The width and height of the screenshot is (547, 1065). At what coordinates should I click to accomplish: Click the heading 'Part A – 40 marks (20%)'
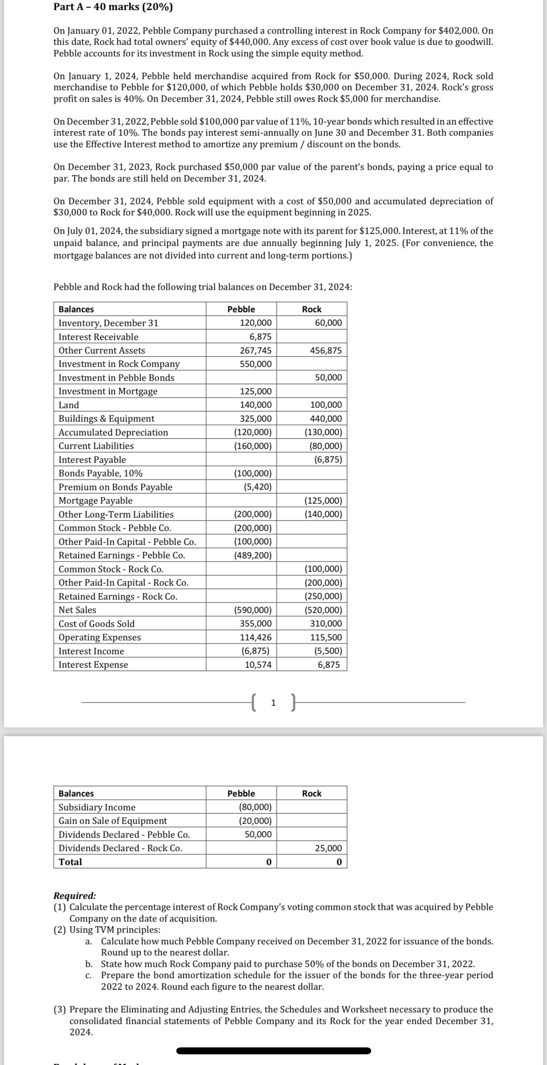coord(113,7)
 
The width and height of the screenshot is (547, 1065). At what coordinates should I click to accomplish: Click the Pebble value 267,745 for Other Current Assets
coord(256,350)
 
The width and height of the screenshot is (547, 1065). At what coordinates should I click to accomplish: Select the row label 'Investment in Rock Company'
coord(119,364)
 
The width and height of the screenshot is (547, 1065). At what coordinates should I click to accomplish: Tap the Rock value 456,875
coord(326,350)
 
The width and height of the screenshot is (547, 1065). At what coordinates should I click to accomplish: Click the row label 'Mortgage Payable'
coord(95,501)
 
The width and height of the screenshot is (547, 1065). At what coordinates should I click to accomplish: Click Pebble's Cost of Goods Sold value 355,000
coord(256,624)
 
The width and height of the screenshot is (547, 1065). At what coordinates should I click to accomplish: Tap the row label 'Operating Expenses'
coord(100,637)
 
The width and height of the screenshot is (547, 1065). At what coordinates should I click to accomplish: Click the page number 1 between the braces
coord(273,703)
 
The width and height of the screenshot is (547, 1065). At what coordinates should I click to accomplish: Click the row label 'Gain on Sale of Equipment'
coord(113,821)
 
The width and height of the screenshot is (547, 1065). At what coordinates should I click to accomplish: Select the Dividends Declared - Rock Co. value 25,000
coord(328,848)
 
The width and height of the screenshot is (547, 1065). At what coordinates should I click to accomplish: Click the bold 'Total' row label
coord(70,862)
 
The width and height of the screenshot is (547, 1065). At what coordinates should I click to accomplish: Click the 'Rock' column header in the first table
coord(312,309)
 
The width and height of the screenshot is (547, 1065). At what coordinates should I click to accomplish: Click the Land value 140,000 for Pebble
coord(256,405)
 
